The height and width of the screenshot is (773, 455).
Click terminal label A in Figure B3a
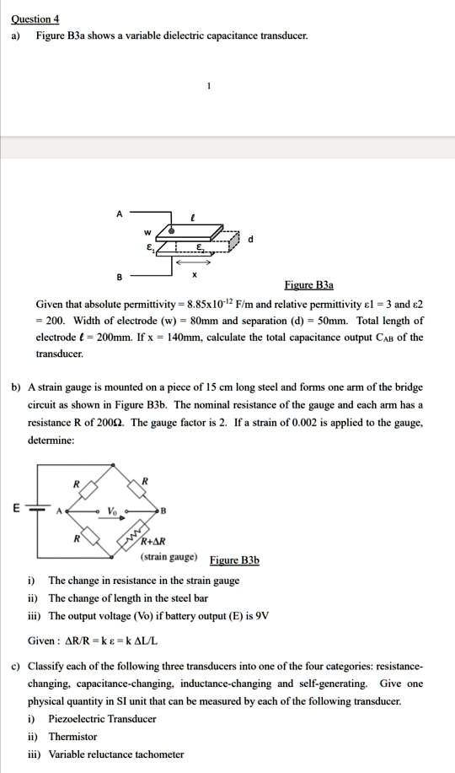tap(120, 214)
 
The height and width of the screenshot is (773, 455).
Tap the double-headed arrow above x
tap(195, 262)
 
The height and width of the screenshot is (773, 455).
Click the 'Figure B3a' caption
tap(308, 285)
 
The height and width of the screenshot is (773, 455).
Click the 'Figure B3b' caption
tap(234, 560)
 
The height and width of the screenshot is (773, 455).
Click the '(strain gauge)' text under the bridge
tap(169, 558)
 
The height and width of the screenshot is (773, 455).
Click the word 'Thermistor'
tap(72, 737)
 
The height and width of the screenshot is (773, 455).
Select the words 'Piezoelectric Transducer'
tap(102, 719)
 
